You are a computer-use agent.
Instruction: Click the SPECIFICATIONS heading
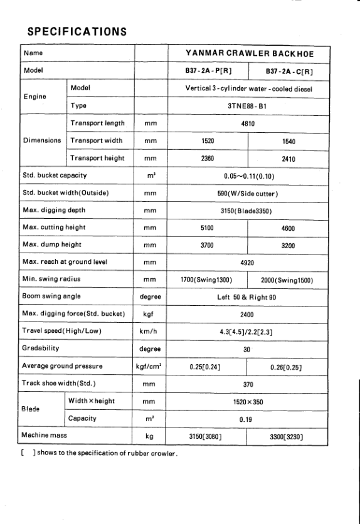[78, 30]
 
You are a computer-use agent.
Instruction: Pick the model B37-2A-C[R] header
[289, 71]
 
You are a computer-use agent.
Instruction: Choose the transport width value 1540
[289, 142]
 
